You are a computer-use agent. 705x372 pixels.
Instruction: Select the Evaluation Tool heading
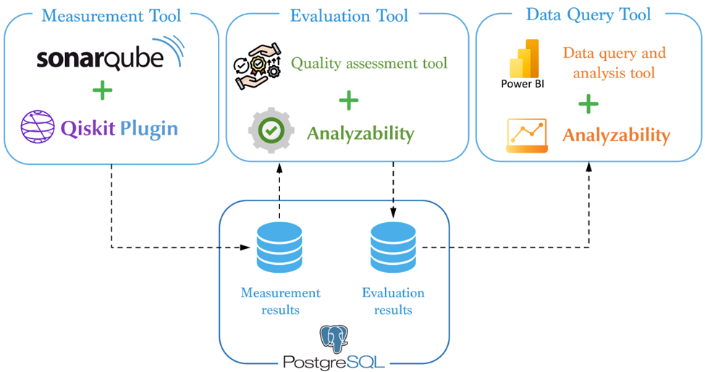click(349, 15)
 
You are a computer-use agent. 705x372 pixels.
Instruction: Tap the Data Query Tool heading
click(588, 14)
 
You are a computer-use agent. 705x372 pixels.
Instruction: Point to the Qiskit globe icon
click(37, 128)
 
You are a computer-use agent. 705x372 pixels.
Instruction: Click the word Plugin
click(148, 129)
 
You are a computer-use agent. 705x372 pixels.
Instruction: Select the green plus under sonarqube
click(103, 91)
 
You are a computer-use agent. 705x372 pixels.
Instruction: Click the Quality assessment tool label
click(369, 64)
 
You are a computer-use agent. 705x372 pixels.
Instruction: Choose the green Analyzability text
click(360, 133)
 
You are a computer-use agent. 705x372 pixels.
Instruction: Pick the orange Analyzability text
click(616, 135)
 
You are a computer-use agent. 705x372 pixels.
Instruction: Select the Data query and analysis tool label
click(614, 63)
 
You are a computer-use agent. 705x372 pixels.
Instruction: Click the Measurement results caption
click(280, 301)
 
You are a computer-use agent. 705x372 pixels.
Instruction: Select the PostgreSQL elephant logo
click(334, 339)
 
